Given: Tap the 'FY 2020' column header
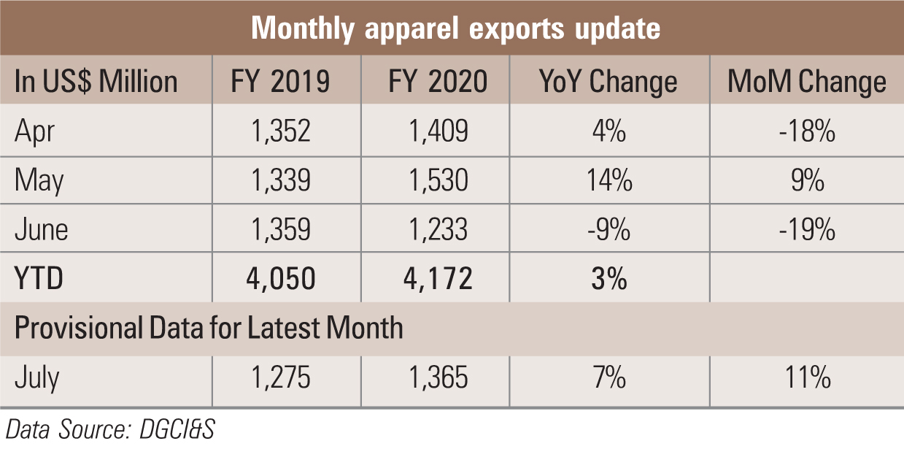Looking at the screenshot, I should (x=438, y=81).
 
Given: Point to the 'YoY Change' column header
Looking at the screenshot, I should (x=609, y=81).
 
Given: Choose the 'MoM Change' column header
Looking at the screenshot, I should (x=807, y=81).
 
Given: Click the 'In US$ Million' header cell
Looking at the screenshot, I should (x=96, y=81).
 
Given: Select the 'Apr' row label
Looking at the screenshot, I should (x=35, y=131).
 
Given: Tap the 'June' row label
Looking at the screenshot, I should (x=42, y=229).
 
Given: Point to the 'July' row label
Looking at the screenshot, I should (x=37, y=378).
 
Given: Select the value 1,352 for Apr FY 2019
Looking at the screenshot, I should (x=282, y=131).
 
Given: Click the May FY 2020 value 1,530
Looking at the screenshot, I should (x=438, y=180).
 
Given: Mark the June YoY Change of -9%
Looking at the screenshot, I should (x=609, y=229).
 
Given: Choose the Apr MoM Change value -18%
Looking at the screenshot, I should (x=807, y=131).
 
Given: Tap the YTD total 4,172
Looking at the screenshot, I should (x=438, y=278).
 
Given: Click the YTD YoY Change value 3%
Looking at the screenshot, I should (x=609, y=278).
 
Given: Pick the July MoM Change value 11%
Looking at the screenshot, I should (x=807, y=378).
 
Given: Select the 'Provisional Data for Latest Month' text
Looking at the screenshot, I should (x=209, y=327).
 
